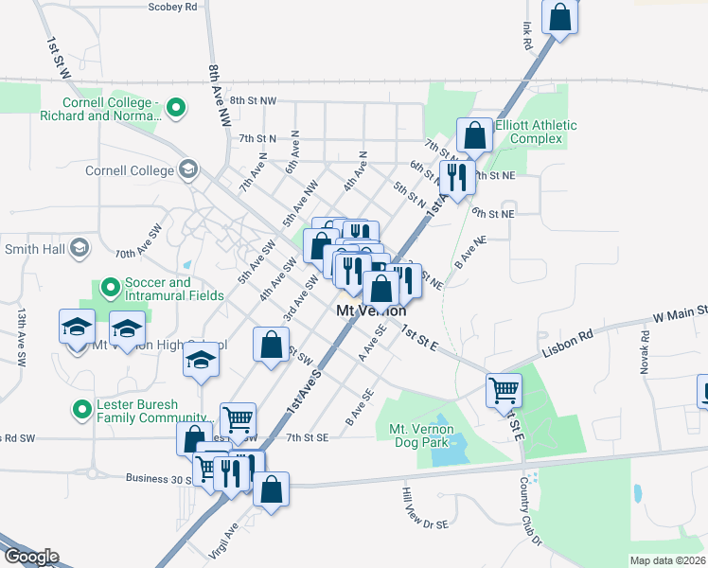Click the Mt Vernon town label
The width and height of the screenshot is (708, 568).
(372, 311)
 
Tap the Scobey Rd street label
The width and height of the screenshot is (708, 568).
(172, 7)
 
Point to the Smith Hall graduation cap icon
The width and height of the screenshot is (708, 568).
(80, 249)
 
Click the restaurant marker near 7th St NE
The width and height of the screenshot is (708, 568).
(457, 176)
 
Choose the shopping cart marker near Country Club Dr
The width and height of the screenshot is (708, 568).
(504, 389)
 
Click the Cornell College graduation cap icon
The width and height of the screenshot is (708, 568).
(187, 170)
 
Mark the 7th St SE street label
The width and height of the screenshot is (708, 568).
(308, 437)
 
